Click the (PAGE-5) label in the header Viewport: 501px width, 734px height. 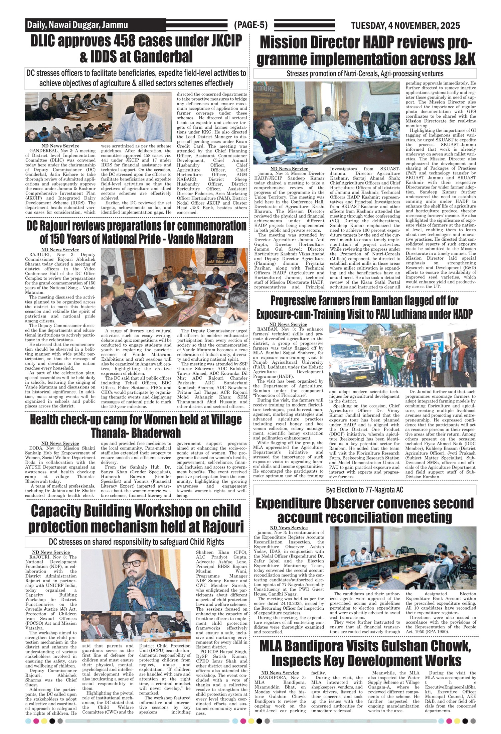tap(251, 25)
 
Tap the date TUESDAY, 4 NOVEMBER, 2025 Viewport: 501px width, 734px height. tap(405, 26)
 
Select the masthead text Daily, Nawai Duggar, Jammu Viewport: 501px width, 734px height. tap(77, 25)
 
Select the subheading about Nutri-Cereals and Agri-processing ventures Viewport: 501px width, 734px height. tap(365, 74)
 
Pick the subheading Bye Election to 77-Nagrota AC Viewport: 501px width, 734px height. tap(365, 490)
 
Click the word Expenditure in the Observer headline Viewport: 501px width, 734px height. tap(288, 504)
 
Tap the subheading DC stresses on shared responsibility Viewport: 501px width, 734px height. tap(136, 542)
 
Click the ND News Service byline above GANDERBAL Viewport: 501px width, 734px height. tap(60, 146)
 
